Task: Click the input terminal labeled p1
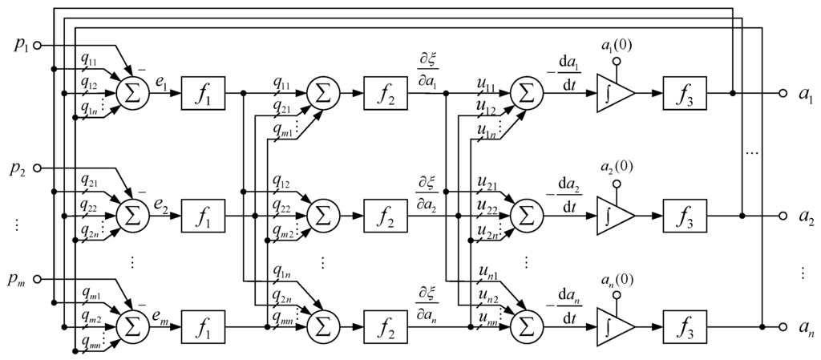(36, 46)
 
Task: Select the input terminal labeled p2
(36, 168)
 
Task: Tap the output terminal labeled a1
(784, 93)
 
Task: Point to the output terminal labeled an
(784, 326)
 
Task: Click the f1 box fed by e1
(203, 93)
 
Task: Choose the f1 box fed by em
(203, 326)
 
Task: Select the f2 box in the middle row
(386, 216)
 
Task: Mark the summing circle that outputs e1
(130, 93)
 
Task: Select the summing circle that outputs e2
(130, 216)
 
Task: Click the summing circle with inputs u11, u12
(526, 93)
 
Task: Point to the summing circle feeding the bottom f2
(323, 326)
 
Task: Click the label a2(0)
(617, 169)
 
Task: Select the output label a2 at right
(805, 216)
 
